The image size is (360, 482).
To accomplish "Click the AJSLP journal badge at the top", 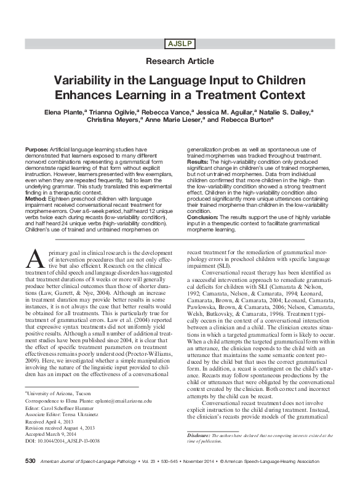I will (x=179, y=43).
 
